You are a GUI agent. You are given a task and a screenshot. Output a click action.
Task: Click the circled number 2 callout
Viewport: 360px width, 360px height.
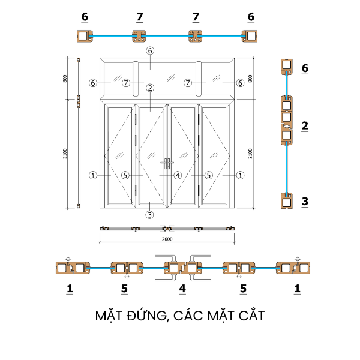click(x=150, y=88)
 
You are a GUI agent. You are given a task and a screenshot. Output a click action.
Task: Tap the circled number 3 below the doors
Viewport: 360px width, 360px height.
click(x=150, y=214)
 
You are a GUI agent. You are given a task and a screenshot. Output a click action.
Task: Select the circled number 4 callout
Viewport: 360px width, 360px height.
click(x=178, y=175)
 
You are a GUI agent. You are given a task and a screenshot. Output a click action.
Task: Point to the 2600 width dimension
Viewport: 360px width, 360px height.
click(x=167, y=239)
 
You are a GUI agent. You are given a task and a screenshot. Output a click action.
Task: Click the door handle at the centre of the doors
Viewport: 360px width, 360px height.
click(x=167, y=163)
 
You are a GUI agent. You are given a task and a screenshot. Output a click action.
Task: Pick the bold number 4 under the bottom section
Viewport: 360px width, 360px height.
click(x=182, y=289)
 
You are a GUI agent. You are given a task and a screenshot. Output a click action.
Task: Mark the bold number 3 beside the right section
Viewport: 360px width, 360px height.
click(x=305, y=201)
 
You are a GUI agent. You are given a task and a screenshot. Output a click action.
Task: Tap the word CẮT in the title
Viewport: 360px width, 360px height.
click(x=250, y=316)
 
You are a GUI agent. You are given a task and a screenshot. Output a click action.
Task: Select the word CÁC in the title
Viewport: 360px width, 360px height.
click(x=189, y=316)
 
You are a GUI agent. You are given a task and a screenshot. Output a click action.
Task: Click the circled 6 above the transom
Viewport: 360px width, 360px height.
click(x=150, y=51)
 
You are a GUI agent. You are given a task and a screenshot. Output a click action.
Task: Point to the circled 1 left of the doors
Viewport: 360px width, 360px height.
click(x=93, y=175)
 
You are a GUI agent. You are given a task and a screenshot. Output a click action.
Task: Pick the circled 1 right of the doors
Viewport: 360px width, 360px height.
click(x=240, y=175)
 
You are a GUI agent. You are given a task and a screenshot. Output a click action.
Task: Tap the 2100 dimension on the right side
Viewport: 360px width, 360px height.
click(x=250, y=154)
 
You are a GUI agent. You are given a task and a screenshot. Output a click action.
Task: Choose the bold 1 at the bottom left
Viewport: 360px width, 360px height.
click(x=70, y=289)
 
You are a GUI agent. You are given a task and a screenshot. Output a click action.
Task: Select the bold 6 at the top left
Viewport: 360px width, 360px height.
click(x=85, y=17)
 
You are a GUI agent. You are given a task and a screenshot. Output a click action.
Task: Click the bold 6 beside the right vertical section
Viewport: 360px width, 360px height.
click(x=305, y=68)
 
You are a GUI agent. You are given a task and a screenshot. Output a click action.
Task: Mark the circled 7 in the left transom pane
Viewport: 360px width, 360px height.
click(x=126, y=83)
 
